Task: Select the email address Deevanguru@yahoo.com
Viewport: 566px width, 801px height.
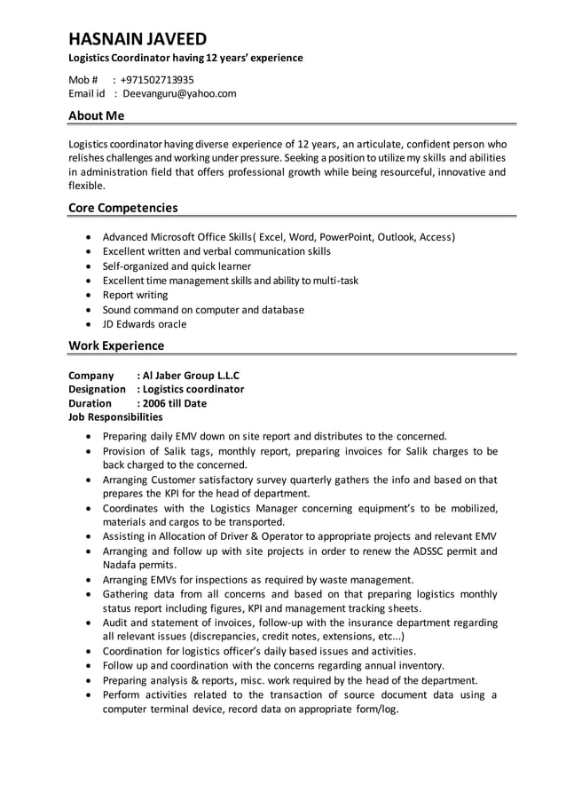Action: [179, 93]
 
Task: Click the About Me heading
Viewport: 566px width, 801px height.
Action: [97, 115]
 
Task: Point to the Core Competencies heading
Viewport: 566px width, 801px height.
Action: [123, 208]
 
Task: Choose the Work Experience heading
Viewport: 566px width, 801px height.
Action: [116, 345]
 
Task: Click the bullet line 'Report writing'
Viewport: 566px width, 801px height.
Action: [135, 295]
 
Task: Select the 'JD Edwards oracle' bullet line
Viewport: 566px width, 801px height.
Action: [145, 324]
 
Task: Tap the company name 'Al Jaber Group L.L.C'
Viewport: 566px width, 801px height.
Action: [191, 375]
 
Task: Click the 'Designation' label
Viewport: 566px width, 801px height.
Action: [98, 389]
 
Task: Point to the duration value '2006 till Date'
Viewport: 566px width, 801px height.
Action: [175, 403]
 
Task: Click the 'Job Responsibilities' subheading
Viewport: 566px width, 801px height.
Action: [116, 416]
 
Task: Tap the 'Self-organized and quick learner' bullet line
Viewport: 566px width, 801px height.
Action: [177, 266]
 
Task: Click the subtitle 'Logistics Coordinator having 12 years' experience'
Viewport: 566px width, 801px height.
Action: [186, 58]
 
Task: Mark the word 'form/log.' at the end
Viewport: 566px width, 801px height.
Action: [376, 709]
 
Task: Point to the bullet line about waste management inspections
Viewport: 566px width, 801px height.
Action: [258, 580]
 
